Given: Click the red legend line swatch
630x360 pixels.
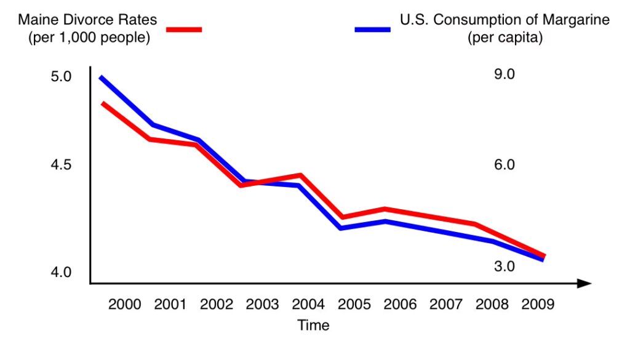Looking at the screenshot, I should click(183, 29).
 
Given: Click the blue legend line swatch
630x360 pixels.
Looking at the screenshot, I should click(372, 29).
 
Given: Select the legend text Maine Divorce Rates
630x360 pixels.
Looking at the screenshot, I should click(87, 20).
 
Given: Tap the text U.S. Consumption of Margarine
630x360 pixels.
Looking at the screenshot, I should click(504, 20).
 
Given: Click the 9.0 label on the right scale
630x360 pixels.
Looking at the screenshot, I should click(504, 74).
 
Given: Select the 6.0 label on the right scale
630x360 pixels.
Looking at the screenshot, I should click(504, 165).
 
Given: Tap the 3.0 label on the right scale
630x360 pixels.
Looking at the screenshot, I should click(504, 266).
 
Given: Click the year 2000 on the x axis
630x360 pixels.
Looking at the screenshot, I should click(124, 305).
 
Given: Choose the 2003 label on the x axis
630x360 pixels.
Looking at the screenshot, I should click(262, 305).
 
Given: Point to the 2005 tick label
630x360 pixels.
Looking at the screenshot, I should click(354, 305).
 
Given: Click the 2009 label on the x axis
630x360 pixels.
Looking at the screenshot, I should click(537, 305).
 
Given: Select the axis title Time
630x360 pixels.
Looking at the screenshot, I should click(313, 325).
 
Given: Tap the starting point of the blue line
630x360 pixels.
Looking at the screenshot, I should click(101, 78).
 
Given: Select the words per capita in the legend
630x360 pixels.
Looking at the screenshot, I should click(504, 38).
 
